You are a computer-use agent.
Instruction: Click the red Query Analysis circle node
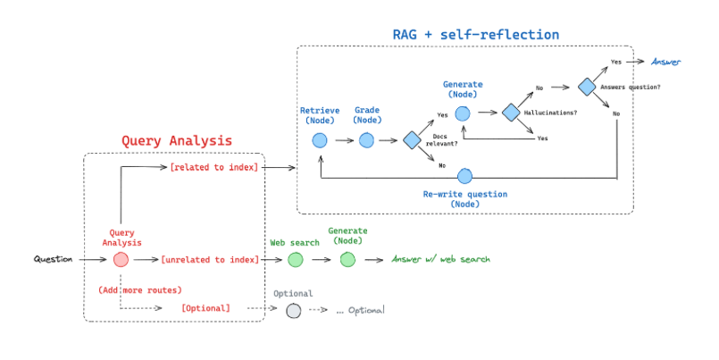click(121, 260)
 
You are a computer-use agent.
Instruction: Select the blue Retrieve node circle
click(320, 140)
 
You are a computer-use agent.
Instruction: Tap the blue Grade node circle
click(366, 140)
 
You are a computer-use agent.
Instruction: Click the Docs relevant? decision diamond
click(413, 140)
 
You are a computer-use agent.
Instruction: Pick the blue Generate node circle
click(463, 113)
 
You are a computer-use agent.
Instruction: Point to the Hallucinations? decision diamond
click(511, 113)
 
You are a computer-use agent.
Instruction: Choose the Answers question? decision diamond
click(587, 87)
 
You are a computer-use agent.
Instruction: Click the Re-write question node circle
click(464, 176)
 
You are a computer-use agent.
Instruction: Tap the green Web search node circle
click(296, 260)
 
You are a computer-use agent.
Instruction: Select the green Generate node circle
click(347, 260)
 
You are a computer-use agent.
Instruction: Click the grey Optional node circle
click(294, 311)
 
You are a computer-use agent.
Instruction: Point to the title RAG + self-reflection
click(476, 35)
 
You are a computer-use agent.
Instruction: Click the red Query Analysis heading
click(177, 140)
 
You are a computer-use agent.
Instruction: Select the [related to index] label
click(213, 167)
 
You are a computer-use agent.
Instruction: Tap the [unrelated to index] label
click(210, 260)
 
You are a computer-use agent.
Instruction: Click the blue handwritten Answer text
click(665, 62)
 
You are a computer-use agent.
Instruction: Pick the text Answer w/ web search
click(440, 260)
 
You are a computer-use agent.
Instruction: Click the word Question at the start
click(54, 260)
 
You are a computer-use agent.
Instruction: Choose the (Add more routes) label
click(140, 289)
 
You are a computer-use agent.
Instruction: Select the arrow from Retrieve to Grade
click(345, 140)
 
